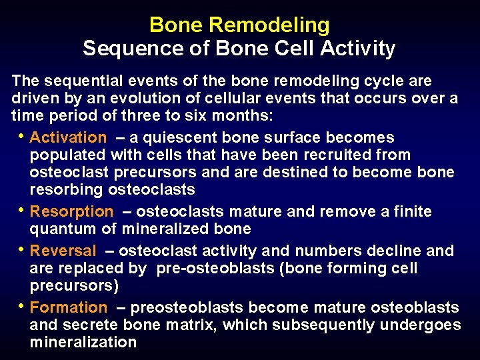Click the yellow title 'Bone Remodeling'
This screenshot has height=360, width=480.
tap(239, 25)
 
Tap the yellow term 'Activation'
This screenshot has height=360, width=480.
tap(68, 138)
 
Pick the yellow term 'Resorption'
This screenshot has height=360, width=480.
tap(72, 212)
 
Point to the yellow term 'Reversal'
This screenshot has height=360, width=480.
tap(63, 251)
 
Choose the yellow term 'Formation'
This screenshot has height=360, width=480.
tap(69, 308)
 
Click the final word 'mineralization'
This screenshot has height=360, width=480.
tap(83, 343)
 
